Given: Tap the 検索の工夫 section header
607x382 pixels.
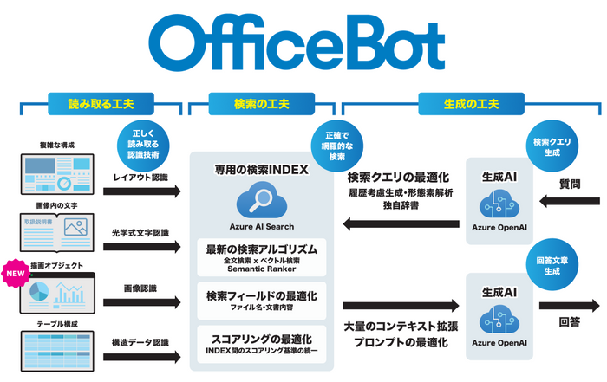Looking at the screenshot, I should (x=262, y=104).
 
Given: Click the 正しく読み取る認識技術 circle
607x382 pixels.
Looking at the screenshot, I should (x=143, y=142).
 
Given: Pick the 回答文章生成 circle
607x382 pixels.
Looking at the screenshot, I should (x=552, y=265).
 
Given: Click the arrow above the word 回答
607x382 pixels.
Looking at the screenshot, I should (x=568, y=305).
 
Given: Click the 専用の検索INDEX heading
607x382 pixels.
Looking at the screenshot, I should (x=261, y=170).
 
